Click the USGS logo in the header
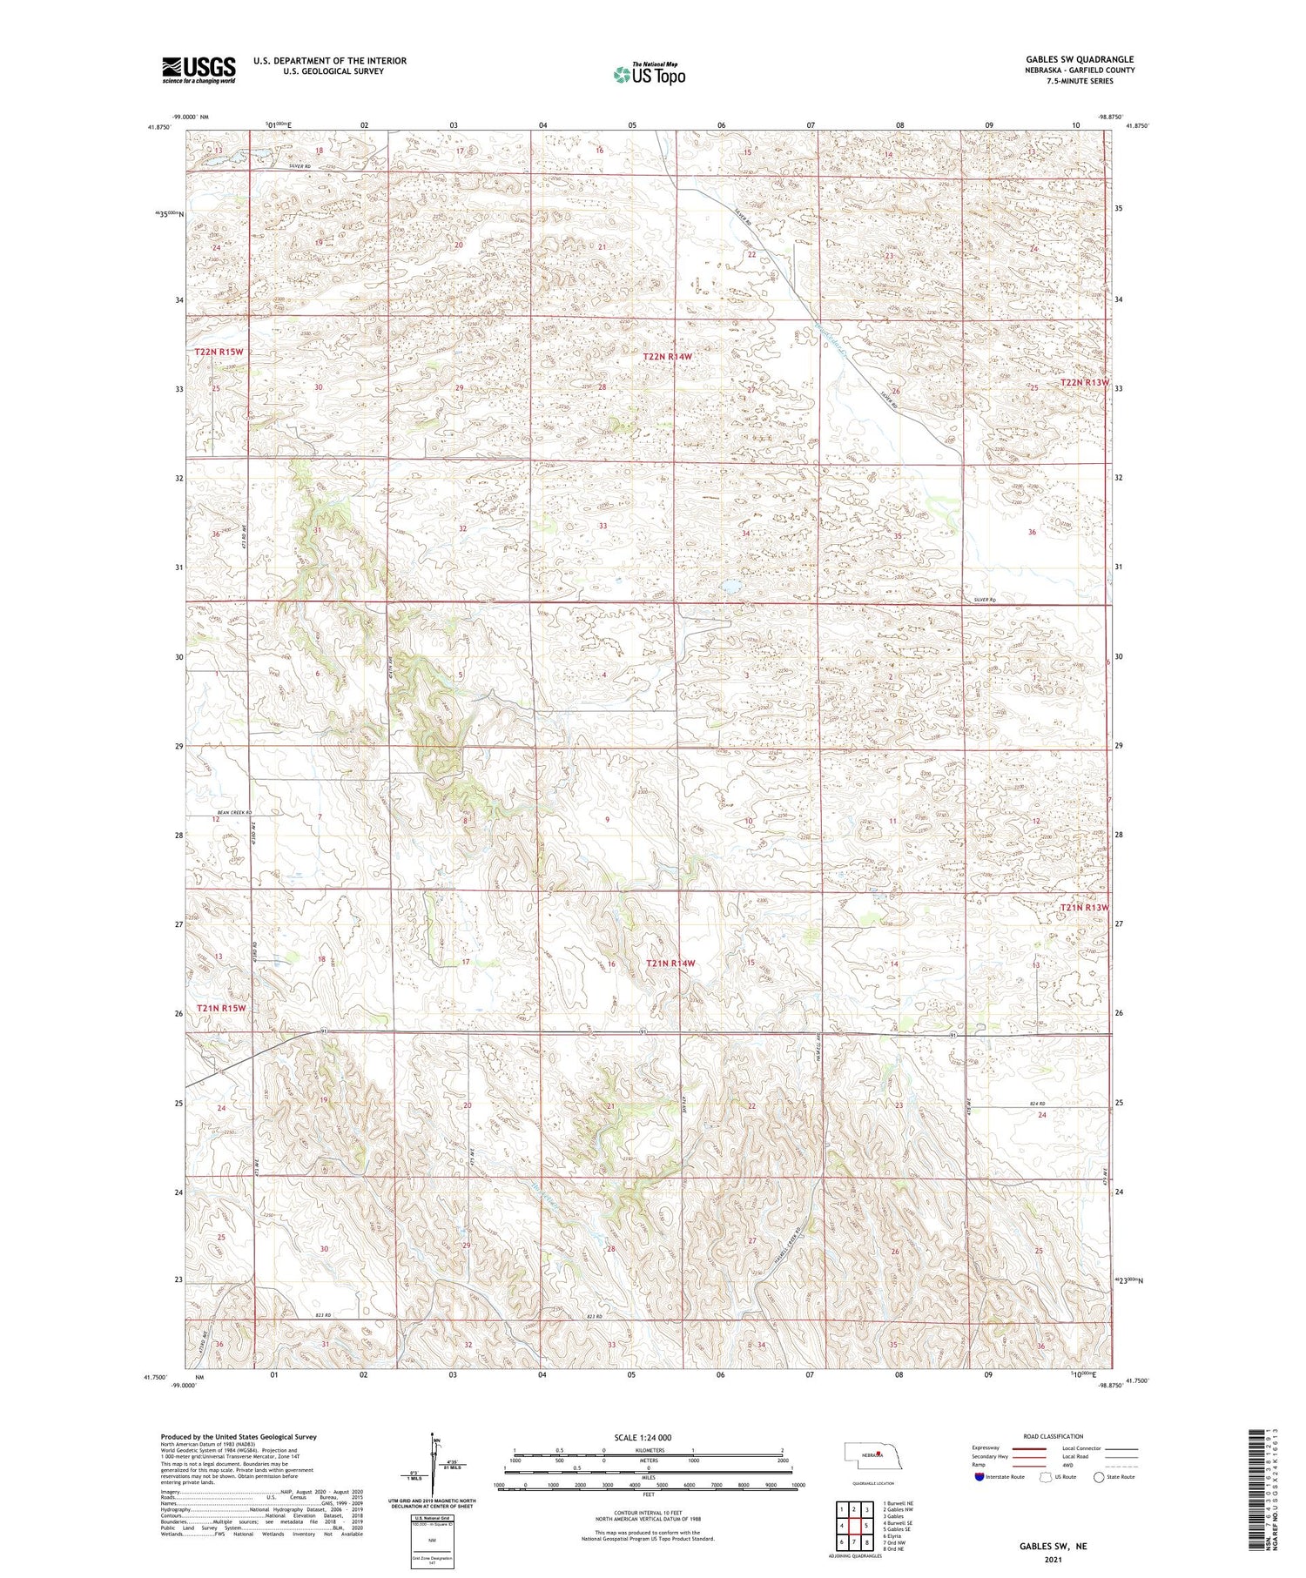pos(198,70)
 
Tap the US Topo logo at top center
pos(649,75)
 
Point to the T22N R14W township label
pos(668,357)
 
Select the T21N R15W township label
pos(221,1008)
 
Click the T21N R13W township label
pos(1085,908)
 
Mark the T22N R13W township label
pos(1085,383)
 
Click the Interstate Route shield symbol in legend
pos(980,1477)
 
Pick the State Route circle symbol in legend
pos(1099,1477)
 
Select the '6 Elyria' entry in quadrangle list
pos(894,1536)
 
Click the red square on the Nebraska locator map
pos(880,1454)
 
